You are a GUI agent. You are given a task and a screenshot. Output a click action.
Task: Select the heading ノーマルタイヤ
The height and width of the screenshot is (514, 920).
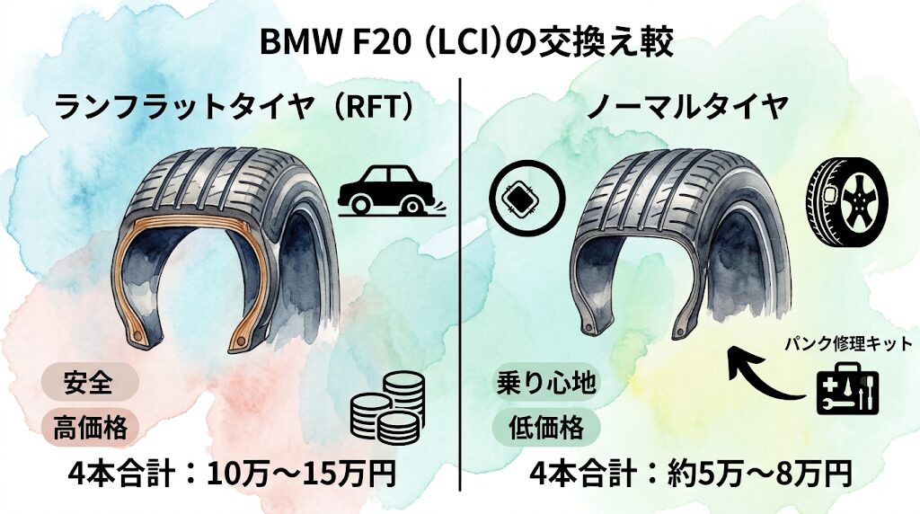687,107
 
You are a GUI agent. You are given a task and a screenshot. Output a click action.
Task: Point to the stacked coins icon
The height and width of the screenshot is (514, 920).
387,408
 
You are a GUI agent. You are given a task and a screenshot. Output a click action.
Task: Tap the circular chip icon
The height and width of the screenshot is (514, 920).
526,197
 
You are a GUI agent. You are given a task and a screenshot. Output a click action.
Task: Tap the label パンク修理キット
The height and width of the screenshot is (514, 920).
849,343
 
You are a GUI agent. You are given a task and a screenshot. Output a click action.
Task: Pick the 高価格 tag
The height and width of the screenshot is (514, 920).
89,428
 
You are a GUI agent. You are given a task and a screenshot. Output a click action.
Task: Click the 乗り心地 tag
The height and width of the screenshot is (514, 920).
545,384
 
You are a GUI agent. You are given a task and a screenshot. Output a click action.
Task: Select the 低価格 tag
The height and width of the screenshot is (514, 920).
545,427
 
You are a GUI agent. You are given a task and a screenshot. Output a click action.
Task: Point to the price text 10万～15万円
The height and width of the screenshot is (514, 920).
301,474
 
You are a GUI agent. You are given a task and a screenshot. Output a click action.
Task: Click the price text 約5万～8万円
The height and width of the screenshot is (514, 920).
759,474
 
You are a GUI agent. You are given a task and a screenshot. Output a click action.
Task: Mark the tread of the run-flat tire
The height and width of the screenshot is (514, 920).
223,182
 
